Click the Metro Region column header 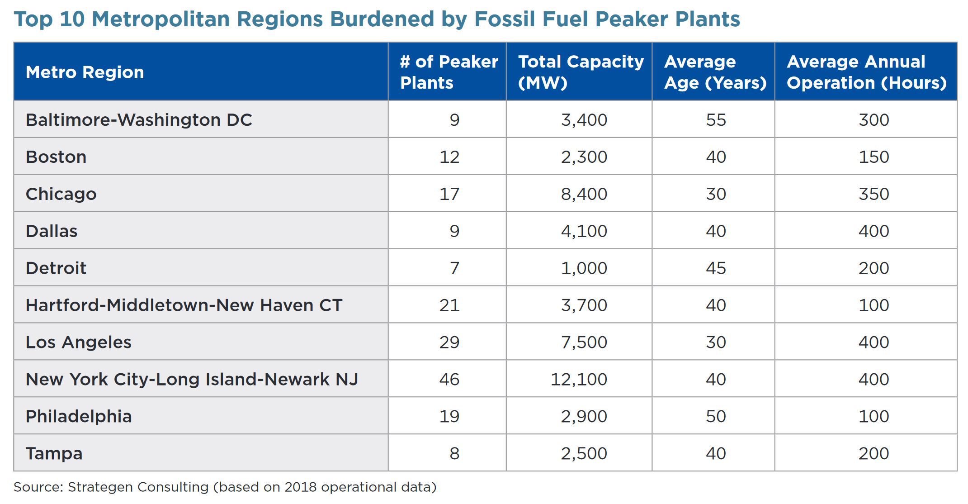pyautogui.click(x=85, y=72)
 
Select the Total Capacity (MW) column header pyautogui.click(x=581, y=72)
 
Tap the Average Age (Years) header pyautogui.click(x=715, y=72)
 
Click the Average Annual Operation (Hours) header pyautogui.click(x=867, y=72)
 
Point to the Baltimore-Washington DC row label pyautogui.click(x=139, y=120)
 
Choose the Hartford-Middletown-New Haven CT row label pyautogui.click(x=184, y=305)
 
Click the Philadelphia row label pyautogui.click(x=79, y=416)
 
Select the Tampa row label pyautogui.click(x=54, y=453)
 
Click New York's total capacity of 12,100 pyautogui.click(x=579, y=379)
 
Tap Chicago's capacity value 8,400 pyautogui.click(x=584, y=194)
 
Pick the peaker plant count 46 pyautogui.click(x=449, y=379)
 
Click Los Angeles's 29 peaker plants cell pyautogui.click(x=449, y=342)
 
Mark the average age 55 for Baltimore pyautogui.click(x=716, y=120)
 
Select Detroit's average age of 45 pyautogui.click(x=716, y=268)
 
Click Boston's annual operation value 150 pyautogui.click(x=874, y=157)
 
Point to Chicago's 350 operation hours pyautogui.click(x=874, y=194)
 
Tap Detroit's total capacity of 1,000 pyautogui.click(x=584, y=268)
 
